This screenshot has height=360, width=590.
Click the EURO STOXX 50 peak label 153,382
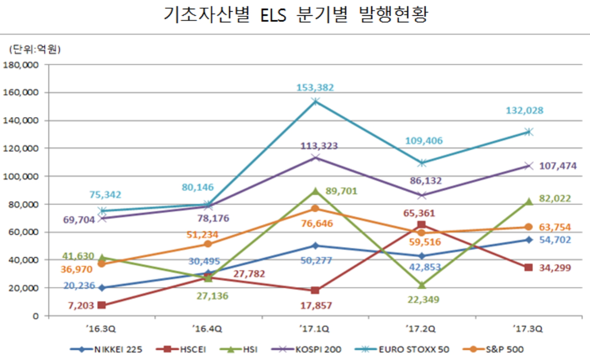315,88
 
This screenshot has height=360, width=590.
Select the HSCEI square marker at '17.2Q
422,225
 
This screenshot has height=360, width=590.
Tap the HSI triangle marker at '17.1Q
315,191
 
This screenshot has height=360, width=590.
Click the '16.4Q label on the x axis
208,328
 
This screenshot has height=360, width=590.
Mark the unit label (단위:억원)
35,49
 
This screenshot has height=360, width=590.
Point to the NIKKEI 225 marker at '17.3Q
528,239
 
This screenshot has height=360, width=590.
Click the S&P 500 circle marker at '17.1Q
315,208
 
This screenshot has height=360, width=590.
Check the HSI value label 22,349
422,299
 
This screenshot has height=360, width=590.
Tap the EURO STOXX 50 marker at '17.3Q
528,132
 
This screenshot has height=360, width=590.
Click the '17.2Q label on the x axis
422,328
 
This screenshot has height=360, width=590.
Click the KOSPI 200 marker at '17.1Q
315,157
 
